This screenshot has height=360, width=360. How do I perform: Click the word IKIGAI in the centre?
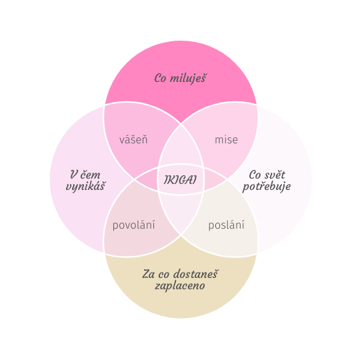pos(180,180)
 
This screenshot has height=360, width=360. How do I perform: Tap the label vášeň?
pos(133,139)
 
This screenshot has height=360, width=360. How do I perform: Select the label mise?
pos(226,139)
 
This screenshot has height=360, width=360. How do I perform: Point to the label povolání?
pos(133,225)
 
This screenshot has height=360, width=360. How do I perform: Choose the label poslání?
pos(226,225)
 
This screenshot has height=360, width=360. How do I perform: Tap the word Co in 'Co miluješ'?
pos(160,78)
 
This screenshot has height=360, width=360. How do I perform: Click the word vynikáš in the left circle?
pos(85,186)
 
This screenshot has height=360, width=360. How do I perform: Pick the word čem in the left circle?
pos(91,175)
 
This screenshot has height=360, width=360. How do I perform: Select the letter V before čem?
pos(74,175)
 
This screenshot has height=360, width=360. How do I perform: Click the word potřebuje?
pos(267,187)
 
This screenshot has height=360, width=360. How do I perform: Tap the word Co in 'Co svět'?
pos(255,175)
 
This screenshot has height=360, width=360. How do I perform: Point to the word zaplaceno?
pos(180,286)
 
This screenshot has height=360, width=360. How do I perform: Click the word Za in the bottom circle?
pos(148,274)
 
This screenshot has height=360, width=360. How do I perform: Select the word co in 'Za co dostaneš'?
pos(163,275)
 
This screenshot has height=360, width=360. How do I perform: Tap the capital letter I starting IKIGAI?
pos(166,180)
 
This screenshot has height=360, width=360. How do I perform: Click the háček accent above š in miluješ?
pos(203,75)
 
